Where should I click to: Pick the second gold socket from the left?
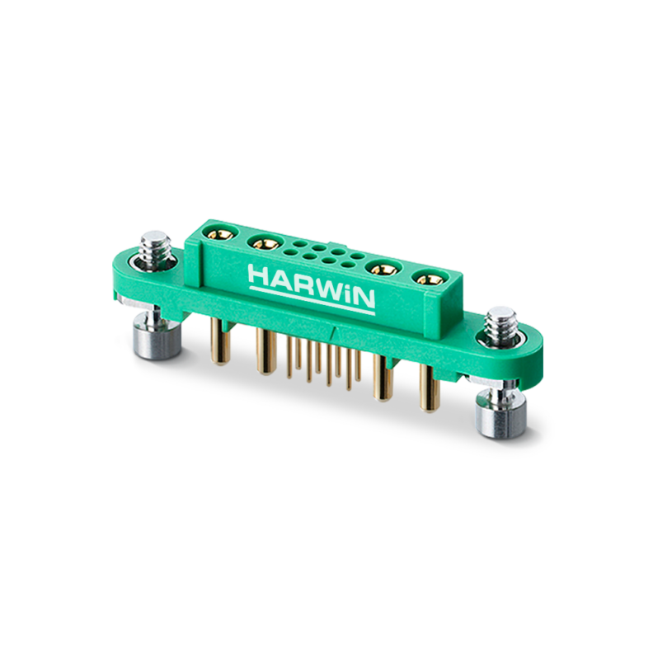(265, 243)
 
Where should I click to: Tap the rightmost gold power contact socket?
(426, 280)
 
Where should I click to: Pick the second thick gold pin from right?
(380, 378)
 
